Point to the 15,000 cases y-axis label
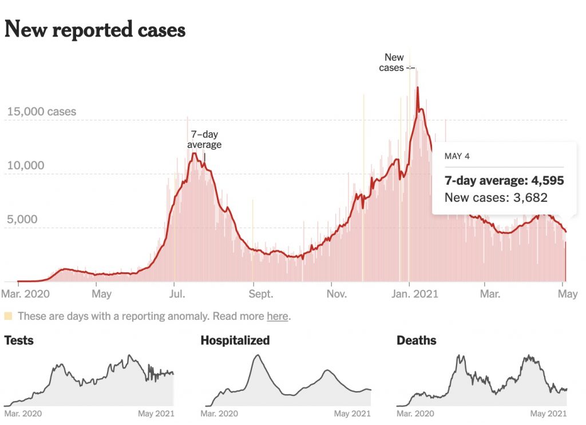click(x=41, y=112)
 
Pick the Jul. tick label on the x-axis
click(x=177, y=294)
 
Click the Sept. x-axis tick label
click(x=260, y=294)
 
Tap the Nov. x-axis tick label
click(x=336, y=294)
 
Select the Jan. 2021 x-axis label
click(x=416, y=294)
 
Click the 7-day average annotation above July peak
click(x=204, y=140)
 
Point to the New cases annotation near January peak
click(x=393, y=62)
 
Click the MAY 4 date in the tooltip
click(x=457, y=156)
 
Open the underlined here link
click(x=277, y=316)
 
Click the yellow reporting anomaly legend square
click(x=8, y=316)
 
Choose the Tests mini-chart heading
click(x=19, y=341)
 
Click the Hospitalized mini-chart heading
click(x=235, y=341)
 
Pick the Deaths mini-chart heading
click(x=416, y=341)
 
